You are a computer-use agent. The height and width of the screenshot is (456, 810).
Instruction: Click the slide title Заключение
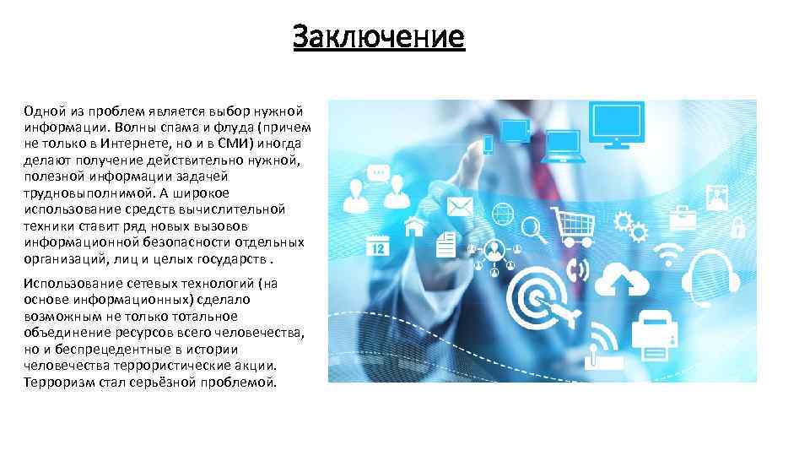379,37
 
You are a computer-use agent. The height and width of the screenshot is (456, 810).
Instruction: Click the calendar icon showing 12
377,246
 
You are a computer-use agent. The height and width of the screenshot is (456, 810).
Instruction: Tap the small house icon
414,226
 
